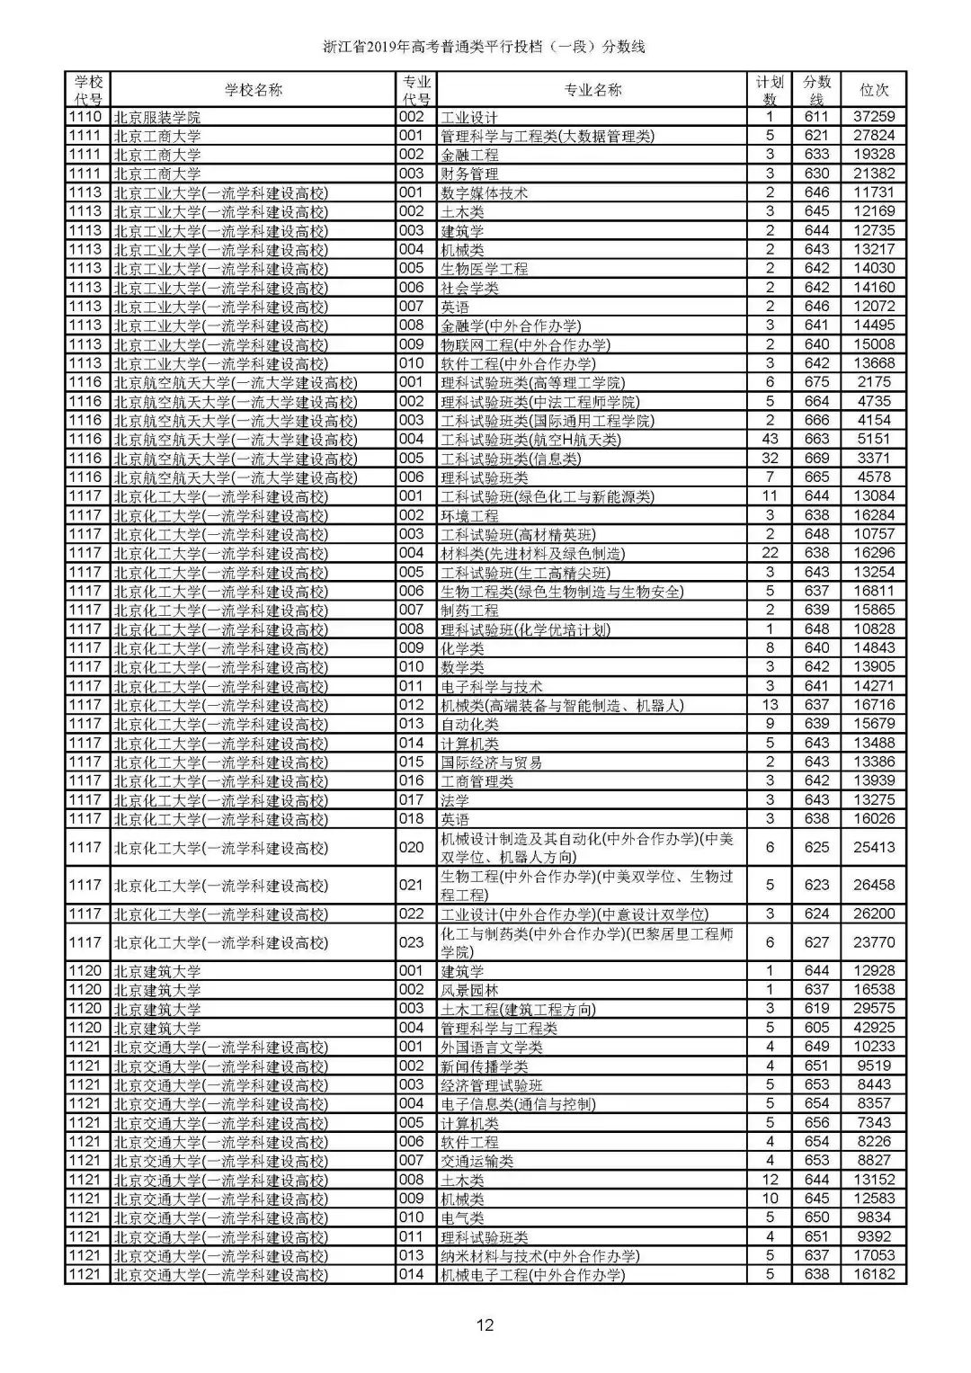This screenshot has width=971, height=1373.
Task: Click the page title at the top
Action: coord(485,47)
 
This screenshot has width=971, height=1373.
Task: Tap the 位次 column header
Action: coord(873,90)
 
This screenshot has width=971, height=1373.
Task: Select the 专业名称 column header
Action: coord(592,90)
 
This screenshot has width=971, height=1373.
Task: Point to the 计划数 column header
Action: coord(770,90)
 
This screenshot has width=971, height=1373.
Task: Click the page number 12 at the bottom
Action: coord(485,1324)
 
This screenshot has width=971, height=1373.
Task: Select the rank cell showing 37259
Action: coord(873,117)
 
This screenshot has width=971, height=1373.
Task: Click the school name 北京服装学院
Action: coord(157,118)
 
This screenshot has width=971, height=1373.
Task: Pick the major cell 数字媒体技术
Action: coord(484,193)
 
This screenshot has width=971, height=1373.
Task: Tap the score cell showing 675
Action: coord(816,383)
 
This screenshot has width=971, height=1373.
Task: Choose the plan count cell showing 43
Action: coord(770,440)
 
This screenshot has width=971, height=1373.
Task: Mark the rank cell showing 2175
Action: coord(873,383)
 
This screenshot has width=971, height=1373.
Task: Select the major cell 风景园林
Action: coord(469,991)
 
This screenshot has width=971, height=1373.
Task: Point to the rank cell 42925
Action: coord(873,1028)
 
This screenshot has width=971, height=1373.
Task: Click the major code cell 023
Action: coord(411,942)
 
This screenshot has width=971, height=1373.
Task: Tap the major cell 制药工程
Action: coord(469,611)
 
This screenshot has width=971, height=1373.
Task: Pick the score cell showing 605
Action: coord(816,1028)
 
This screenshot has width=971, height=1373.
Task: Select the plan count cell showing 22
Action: coord(770,554)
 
